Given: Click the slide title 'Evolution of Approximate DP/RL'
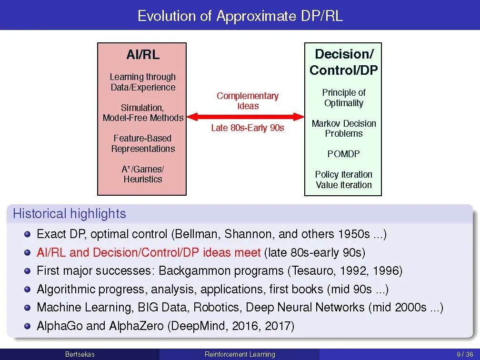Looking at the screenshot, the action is (240, 16).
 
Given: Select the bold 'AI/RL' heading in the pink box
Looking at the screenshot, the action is (143, 55).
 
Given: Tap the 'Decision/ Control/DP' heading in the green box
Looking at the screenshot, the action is (343, 62).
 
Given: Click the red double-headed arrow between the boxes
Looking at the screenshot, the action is (246, 117).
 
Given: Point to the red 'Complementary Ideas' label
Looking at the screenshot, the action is (248, 101).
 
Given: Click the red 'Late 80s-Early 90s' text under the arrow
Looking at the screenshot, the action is (248, 128).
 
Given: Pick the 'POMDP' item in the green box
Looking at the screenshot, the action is (343, 154).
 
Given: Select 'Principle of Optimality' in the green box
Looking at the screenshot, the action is (344, 98).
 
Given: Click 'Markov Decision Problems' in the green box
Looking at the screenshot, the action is (344, 129).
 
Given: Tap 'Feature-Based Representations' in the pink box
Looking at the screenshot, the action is (143, 144).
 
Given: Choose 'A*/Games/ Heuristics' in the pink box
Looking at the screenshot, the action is (143, 174).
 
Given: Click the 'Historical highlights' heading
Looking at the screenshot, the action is (70, 214).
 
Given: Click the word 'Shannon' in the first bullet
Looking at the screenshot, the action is (248, 234).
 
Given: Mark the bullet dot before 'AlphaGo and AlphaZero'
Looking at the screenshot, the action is (28, 326).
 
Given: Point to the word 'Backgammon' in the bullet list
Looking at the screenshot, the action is (221, 271).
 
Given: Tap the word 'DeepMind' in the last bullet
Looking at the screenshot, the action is (200, 326).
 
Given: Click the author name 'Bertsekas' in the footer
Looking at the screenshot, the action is (80, 354).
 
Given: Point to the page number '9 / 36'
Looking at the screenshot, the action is (465, 354).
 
